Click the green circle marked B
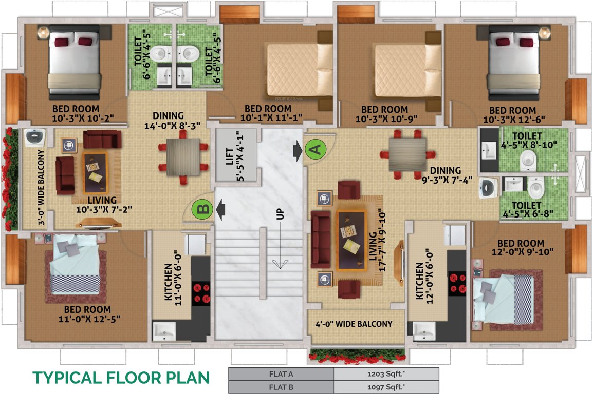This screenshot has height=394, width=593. tap(202, 209)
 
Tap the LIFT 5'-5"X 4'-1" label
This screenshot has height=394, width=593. tap(233, 155)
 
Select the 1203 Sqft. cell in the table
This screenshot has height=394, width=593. tap(386, 374)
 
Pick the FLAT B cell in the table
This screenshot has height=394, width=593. tap(281, 387)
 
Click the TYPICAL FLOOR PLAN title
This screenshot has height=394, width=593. tap(121, 378)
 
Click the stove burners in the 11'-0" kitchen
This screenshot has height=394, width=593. tap(201, 292)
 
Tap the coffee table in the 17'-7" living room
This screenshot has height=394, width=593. tap(351, 240)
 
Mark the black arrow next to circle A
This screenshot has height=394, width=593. tap(298, 151)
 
